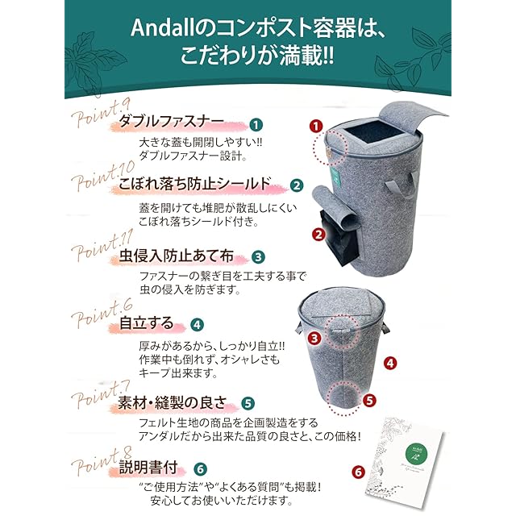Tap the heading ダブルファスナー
(171, 122)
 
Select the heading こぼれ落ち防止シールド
(195, 184)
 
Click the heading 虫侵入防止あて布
(176, 256)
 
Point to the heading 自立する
(146, 322)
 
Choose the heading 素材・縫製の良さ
(173, 402)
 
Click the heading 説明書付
(148, 468)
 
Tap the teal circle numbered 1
(256, 125)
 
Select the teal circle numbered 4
(197, 325)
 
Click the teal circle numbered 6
(201, 469)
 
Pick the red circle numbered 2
(318, 235)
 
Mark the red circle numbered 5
(369, 400)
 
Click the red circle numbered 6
(358, 472)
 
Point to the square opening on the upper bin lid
(372, 132)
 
